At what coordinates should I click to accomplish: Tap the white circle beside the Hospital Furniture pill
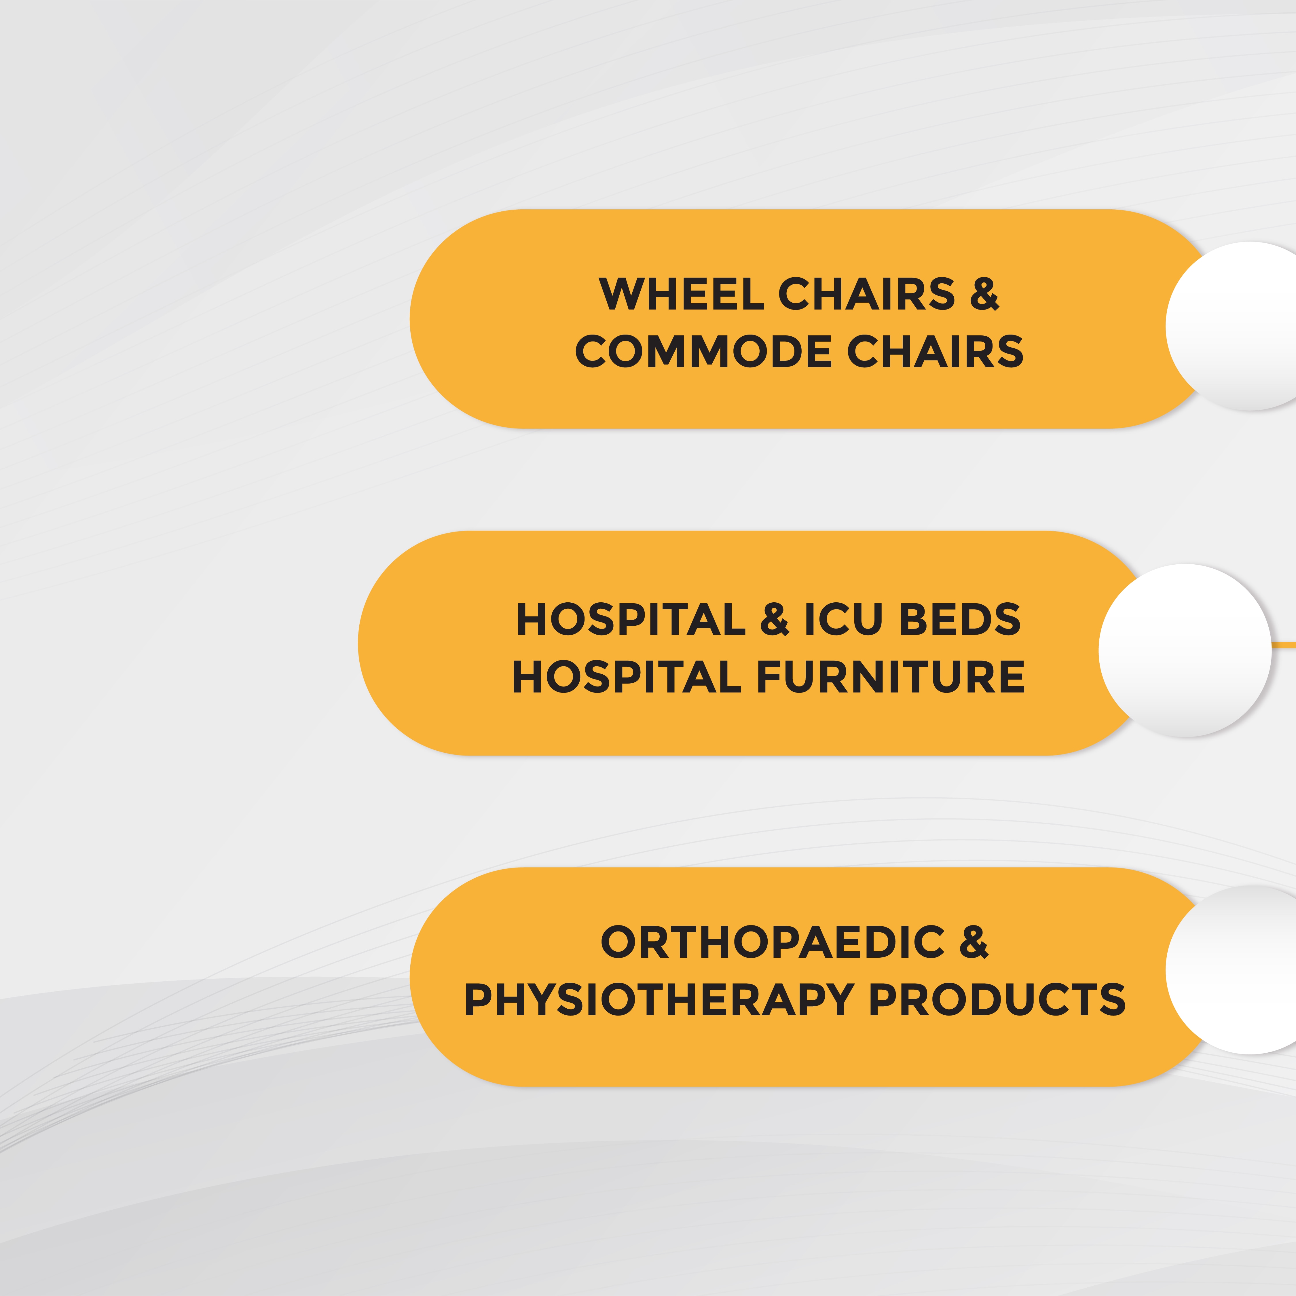[1185, 651]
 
